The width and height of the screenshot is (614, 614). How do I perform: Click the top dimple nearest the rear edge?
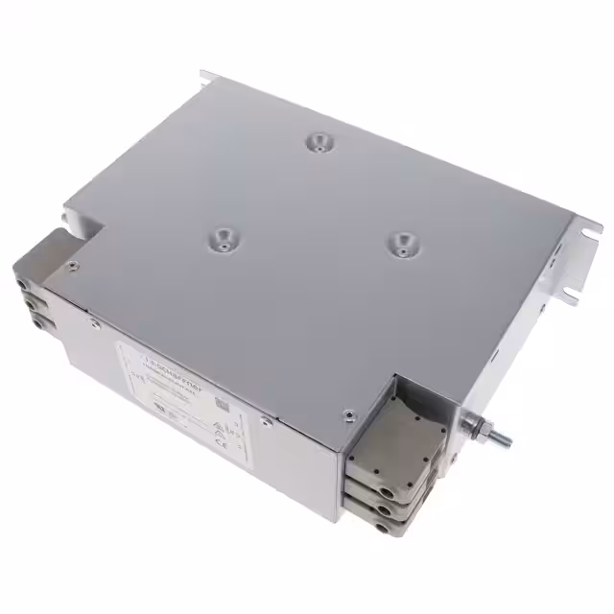coord(317,144)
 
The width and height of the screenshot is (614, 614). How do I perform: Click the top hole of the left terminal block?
coord(22,284)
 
